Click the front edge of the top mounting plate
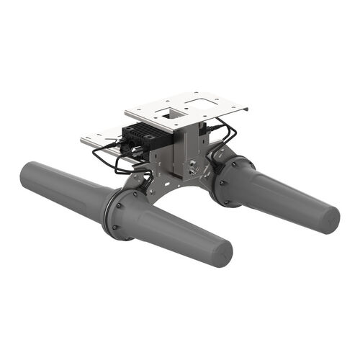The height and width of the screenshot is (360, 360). click(166, 125)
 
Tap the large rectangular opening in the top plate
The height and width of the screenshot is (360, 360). click(205, 104)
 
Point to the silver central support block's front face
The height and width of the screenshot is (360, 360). click(184, 155)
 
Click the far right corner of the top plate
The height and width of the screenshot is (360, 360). click(246, 109)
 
